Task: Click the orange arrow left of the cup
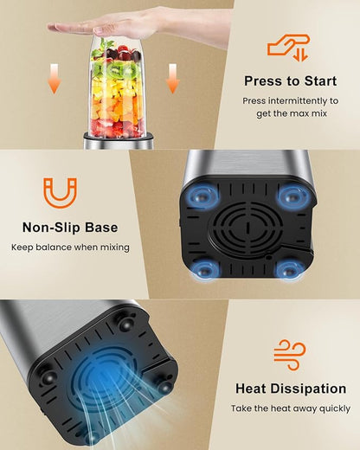click(54, 79)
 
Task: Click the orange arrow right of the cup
click(172, 79)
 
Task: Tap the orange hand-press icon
click(288, 48)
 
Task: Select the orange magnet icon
click(61, 193)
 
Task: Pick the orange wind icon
click(289, 355)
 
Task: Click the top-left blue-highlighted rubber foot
click(201, 197)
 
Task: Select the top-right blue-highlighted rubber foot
click(292, 197)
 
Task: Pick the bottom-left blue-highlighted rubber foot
click(206, 270)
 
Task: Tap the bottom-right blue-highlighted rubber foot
click(288, 271)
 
